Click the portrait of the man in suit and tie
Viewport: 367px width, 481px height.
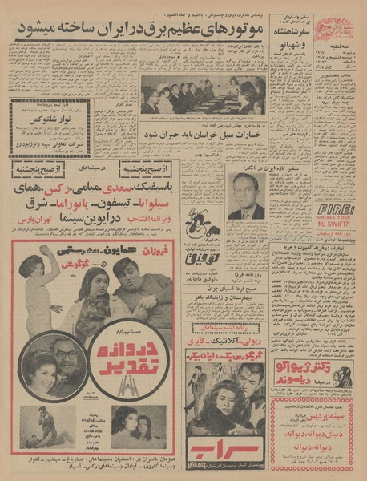247,195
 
